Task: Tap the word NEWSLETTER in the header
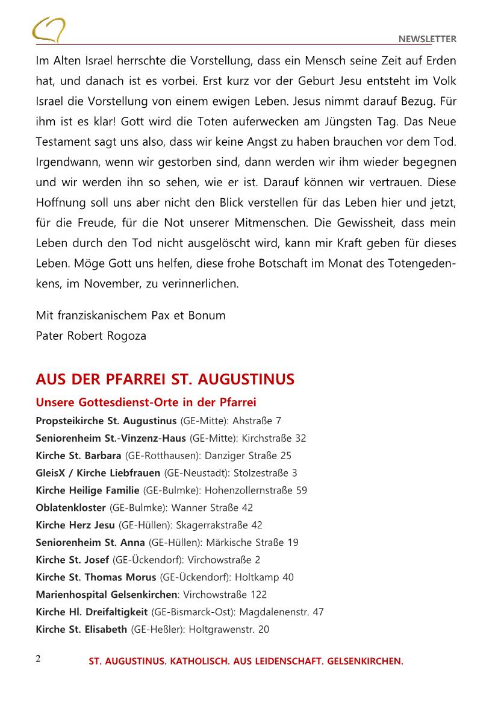[x=428, y=39]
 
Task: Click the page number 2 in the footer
[x=38, y=659]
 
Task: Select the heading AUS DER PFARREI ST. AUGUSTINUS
[x=165, y=380]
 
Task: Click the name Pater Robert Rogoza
[x=91, y=336]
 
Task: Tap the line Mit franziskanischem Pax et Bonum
[x=131, y=315]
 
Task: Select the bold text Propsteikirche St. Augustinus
[x=106, y=421]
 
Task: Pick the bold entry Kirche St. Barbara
[x=78, y=456]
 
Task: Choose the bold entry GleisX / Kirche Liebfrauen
[x=98, y=473]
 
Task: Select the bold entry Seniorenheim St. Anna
[x=90, y=543]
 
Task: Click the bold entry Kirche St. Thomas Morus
[x=96, y=577]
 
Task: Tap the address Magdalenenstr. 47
[x=282, y=612]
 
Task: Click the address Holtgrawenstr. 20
[x=229, y=630]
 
